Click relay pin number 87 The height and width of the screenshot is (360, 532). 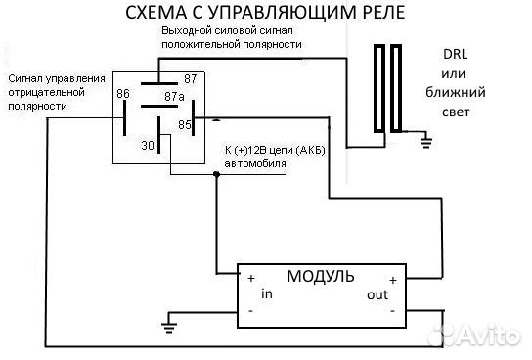point(191,77)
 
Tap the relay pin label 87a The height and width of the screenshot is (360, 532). point(174,96)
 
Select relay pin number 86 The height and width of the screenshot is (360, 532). point(123,95)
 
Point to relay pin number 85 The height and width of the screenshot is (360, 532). point(183,125)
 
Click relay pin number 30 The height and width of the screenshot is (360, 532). point(149,145)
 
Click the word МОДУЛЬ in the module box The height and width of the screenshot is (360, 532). point(321,276)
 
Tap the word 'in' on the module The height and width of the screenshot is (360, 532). point(266,293)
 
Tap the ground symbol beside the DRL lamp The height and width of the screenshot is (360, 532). point(425,144)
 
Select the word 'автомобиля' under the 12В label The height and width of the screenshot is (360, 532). point(256,163)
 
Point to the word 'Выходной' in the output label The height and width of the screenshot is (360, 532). point(186,32)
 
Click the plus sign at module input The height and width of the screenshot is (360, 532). point(250,277)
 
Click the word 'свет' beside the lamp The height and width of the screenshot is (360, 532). point(456,112)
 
